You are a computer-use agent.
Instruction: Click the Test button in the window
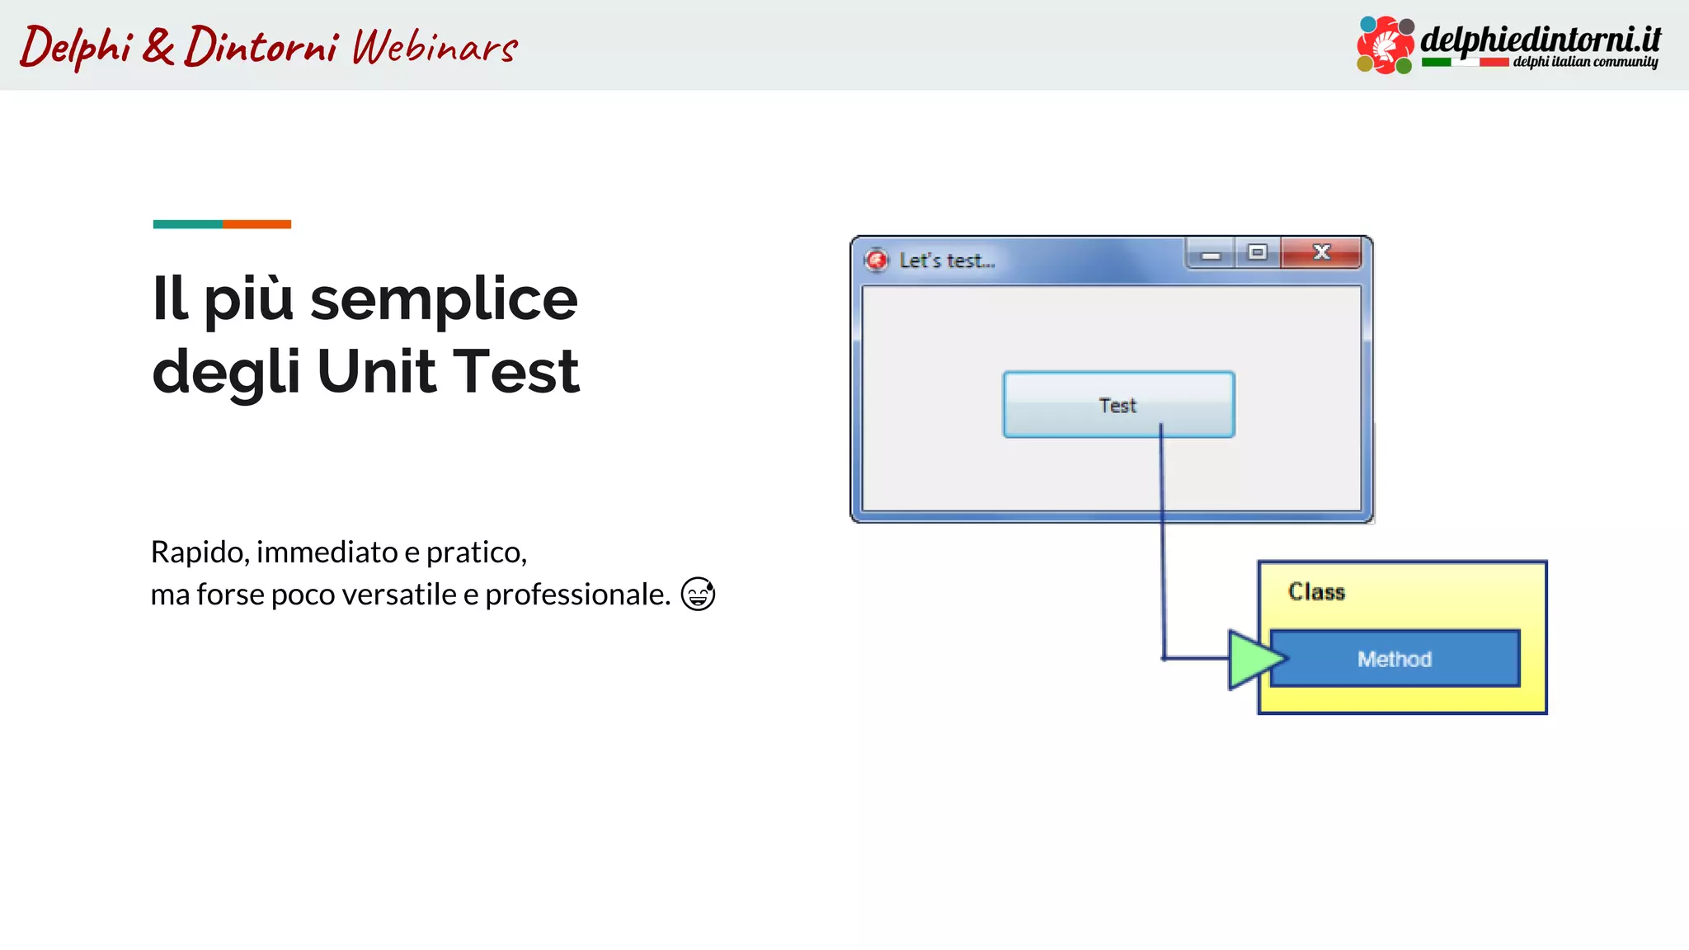pyautogui.click(x=1118, y=405)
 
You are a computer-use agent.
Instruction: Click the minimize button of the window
pyautogui.click(x=1211, y=253)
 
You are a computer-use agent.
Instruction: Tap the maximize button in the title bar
pyautogui.click(x=1257, y=252)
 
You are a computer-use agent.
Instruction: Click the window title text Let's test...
pyautogui.click(x=947, y=261)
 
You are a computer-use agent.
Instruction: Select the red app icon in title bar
pyautogui.click(x=877, y=261)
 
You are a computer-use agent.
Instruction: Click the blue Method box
pyautogui.click(x=1395, y=659)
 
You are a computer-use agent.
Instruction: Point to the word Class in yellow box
pyautogui.click(x=1316, y=592)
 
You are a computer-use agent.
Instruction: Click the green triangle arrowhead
pyautogui.click(x=1253, y=659)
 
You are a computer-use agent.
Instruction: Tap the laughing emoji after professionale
pyautogui.click(x=698, y=594)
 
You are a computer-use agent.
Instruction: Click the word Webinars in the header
pyautogui.click(x=435, y=46)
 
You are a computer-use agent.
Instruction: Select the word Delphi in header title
pyautogui.click(x=76, y=46)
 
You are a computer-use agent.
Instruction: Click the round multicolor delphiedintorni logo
pyautogui.click(x=1385, y=45)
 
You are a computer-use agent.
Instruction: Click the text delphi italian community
pyautogui.click(x=1584, y=62)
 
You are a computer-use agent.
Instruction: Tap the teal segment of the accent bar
pyautogui.click(x=187, y=224)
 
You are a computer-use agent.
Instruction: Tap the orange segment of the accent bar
pyautogui.click(x=256, y=224)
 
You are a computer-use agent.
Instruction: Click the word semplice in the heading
pyautogui.click(x=444, y=300)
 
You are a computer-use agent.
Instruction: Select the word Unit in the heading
pyautogui.click(x=376, y=372)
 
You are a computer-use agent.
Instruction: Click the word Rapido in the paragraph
pyautogui.click(x=199, y=552)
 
